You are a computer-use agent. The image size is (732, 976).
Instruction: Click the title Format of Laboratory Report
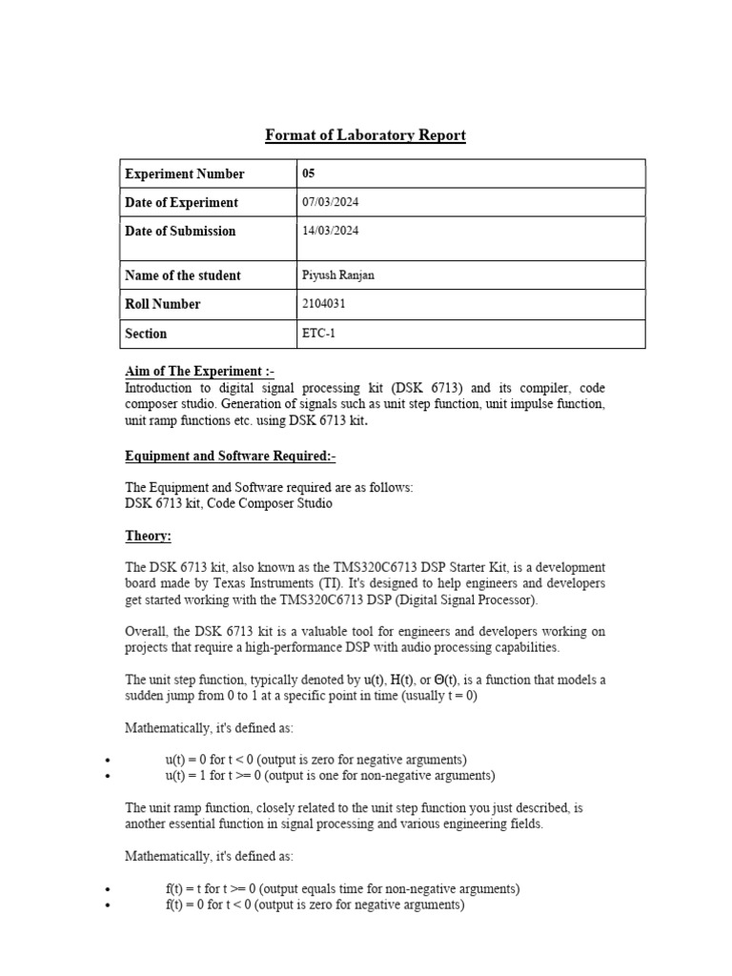(x=365, y=135)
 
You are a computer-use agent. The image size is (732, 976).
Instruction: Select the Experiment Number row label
(x=184, y=173)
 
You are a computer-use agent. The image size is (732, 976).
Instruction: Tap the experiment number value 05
(x=308, y=173)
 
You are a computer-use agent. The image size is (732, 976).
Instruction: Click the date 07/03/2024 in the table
(x=330, y=202)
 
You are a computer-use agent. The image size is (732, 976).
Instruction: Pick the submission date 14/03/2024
(x=330, y=231)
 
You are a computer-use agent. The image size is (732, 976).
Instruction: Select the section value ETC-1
(x=318, y=334)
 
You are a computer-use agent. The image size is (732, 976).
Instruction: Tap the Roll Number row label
(x=163, y=304)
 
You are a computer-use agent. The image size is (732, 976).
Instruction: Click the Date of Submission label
(x=180, y=231)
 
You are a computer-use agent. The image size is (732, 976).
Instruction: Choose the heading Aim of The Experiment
(x=199, y=371)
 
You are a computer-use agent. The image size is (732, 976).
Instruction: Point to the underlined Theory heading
(x=148, y=537)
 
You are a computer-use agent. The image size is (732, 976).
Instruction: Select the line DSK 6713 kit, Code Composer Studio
(x=229, y=503)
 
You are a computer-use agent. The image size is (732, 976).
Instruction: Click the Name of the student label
(x=182, y=275)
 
